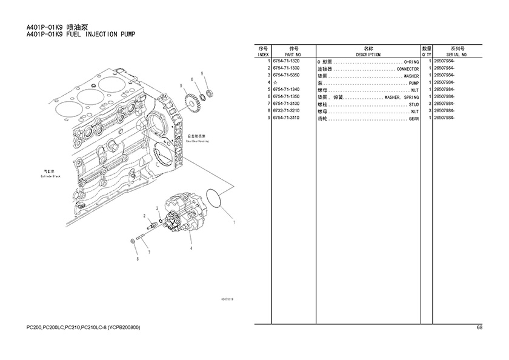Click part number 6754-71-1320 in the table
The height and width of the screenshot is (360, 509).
coord(286,62)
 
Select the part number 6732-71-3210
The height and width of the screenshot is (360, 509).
coord(286,112)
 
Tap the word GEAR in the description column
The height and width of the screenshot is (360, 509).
coord(413,119)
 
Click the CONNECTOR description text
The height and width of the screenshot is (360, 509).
coord(407,69)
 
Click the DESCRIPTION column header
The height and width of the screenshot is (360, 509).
coord(368,55)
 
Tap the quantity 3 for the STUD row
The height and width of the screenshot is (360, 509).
coord(429,105)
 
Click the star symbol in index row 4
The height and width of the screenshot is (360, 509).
coord(275,83)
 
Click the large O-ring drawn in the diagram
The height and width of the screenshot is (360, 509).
coord(214,198)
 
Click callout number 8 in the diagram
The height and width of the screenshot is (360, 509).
coord(137,259)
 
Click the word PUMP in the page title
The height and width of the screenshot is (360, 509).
coord(123,35)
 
